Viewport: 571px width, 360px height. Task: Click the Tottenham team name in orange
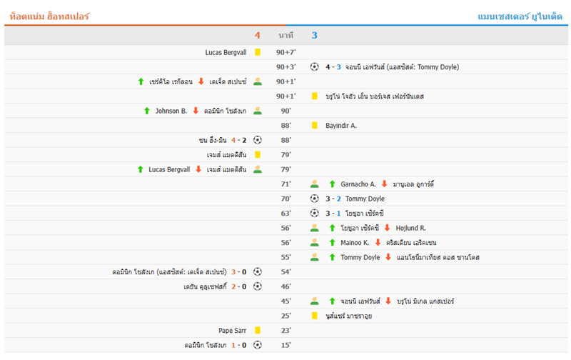[49, 16]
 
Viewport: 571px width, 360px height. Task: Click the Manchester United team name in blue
[520, 16]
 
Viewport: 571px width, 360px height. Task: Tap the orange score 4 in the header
[258, 35]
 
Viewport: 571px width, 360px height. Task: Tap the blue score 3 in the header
[314, 35]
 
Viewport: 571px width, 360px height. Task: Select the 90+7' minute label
[286, 52]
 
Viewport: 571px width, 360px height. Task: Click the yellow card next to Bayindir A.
[314, 125]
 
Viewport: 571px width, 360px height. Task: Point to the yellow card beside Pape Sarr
[258, 331]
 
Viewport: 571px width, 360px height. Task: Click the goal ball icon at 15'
[258, 345]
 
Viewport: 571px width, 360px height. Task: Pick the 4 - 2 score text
[239, 140]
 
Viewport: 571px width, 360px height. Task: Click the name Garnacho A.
[358, 184]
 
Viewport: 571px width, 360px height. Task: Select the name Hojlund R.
[411, 228]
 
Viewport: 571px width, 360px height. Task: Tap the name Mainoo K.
[355, 243]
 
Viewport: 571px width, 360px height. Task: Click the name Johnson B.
[171, 111]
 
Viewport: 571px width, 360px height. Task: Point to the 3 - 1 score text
[333, 214]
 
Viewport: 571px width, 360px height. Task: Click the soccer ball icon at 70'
[314, 199]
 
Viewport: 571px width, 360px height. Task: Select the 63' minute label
[286, 214]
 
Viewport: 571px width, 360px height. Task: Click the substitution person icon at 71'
[314, 184]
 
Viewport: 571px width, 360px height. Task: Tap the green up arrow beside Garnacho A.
[332, 184]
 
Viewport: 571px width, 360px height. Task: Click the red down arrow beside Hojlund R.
[387, 228]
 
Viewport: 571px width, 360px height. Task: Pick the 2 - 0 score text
[239, 286]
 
